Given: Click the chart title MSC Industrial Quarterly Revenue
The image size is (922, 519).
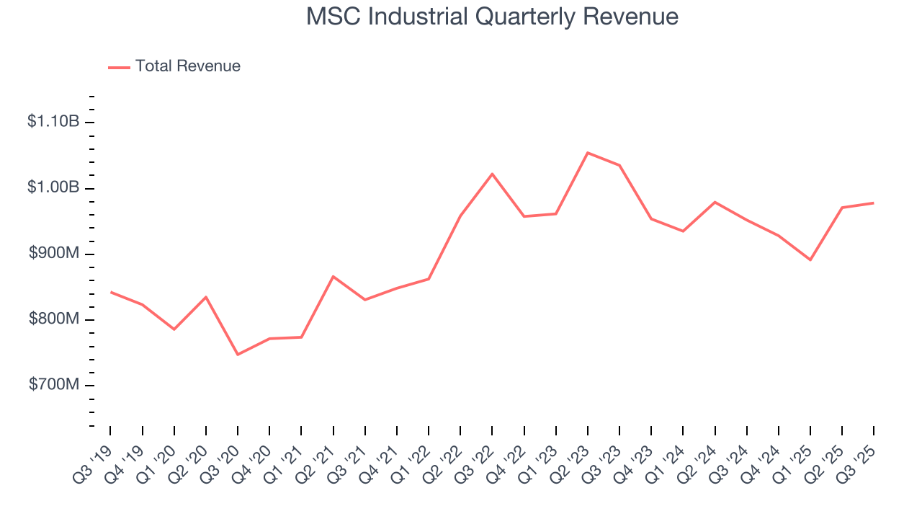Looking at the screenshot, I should pyautogui.click(x=492, y=17).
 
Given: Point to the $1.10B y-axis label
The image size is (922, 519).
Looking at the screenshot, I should pyautogui.click(x=53, y=122).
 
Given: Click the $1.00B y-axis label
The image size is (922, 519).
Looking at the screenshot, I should pyautogui.click(x=53, y=187).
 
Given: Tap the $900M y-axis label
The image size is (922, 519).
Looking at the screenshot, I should pyautogui.click(x=54, y=254).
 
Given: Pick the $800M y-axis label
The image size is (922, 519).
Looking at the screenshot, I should pyautogui.click(x=54, y=319).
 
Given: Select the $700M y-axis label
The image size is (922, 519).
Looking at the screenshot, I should pyautogui.click(x=54, y=385).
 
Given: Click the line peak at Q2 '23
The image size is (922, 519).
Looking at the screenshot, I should pyautogui.click(x=588, y=153).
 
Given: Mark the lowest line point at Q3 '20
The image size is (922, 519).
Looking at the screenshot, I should pyautogui.click(x=238, y=355).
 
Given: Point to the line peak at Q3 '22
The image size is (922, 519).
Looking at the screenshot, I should pyautogui.click(x=492, y=174).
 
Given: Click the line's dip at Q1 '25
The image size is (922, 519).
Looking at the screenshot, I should pyautogui.click(x=810, y=259).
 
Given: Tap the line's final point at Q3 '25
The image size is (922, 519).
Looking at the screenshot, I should pyautogui.click(x=874, y=203).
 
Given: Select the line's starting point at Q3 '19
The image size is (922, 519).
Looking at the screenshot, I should pyautogui.click(x=110, y=292).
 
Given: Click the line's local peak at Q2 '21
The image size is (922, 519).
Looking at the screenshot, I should pyautogui.click(x=333, y=276).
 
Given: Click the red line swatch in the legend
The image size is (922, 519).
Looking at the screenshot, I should pyautogui.click(x=119, y=67).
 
